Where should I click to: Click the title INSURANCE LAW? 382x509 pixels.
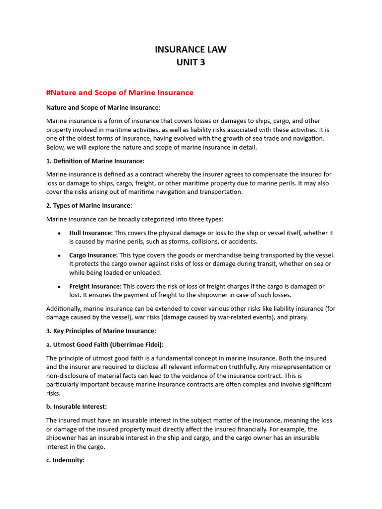[x=191, y=49]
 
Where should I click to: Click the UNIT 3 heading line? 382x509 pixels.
[x=191, y=62]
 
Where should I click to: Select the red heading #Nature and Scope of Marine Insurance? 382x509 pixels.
[x=119, y=92]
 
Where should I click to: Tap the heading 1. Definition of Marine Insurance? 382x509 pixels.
[x=95, y=161]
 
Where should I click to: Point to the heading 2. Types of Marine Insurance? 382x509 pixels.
[x=89, y=206]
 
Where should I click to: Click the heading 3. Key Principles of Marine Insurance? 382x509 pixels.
[x=101, y=331]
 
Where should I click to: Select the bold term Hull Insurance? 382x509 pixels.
[x=91, y=233]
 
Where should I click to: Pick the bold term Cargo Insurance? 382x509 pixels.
[x=94, y=255]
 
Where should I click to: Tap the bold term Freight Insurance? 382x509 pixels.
[x=95, y=286]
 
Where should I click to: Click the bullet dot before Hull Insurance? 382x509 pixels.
[x=59, y=233]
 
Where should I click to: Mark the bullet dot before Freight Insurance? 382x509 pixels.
[x=59, y=287]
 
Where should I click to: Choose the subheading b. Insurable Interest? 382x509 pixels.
[x=77, y=407]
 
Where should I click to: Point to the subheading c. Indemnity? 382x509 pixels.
[x=66, y=460]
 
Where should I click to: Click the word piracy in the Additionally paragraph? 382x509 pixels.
[x=297, y=317]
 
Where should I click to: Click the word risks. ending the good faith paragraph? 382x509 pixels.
[x=53, y=393]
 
